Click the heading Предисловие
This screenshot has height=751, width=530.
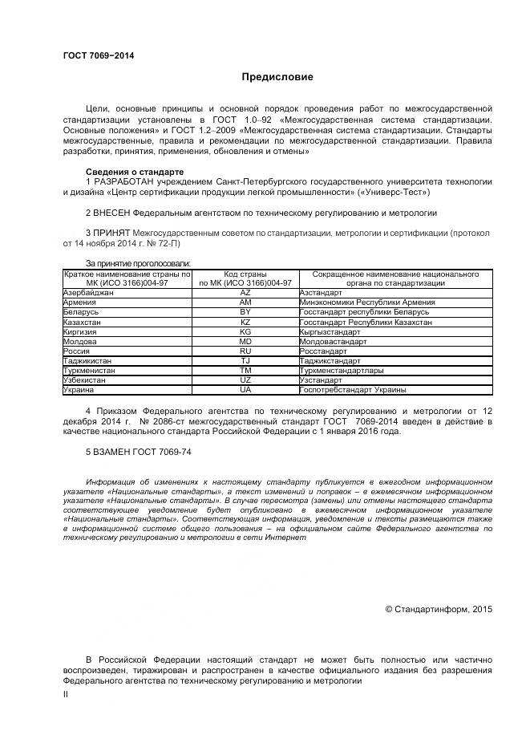pyautogui.click(x=277, y=77)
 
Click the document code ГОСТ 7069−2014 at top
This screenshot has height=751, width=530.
pyautogui.click(x=99, y=55)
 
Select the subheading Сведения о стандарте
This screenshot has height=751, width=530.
pyautogui.click(x=135, y=173)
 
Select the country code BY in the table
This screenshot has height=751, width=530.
pyautogui.click(x=245, y=312)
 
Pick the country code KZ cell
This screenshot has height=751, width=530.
pyautogui.click(x=245, y=322)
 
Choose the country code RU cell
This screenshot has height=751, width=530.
pyautogui.click(x=245, y=351)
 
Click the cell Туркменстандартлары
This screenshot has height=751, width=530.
pyautogui.click(x=341, y=371)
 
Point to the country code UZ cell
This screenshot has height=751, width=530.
pyautogui.click(x=245, y=380)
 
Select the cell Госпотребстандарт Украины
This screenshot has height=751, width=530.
pyautogui.click(x=352, y=390)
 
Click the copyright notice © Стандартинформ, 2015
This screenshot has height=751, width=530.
pyautogui.click(x=439, y=610)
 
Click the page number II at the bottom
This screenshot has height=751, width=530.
pyautogui.click(x=66, y=695)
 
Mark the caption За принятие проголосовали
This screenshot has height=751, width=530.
pyautogui.click(x=138, y=262)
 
